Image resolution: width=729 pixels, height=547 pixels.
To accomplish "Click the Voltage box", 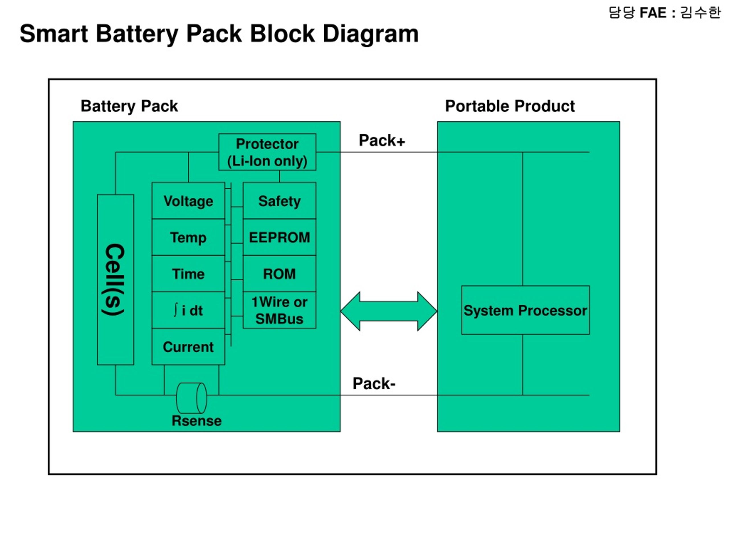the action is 188,201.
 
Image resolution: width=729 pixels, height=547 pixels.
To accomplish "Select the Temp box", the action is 188,237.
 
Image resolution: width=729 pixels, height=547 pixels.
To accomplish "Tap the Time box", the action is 188,274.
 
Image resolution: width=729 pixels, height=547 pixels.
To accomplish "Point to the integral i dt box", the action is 188,310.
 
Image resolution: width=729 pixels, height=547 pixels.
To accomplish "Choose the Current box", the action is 188,346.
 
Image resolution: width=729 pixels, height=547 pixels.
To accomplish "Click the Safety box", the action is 279,201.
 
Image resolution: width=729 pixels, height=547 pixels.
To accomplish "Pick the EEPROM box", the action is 279,237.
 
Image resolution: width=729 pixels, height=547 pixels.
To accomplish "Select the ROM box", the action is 279,274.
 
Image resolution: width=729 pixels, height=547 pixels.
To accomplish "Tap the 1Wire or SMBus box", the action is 279,310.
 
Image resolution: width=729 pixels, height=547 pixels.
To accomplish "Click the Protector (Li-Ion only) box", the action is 267,152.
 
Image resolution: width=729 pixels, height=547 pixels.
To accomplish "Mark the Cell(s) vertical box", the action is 115,279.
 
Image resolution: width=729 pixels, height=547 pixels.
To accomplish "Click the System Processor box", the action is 525,310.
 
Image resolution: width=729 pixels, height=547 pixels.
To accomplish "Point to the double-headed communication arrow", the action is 389,311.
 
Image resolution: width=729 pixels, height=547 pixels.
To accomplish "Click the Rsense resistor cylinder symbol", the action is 191,398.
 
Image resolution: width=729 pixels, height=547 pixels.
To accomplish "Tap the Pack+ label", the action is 382,140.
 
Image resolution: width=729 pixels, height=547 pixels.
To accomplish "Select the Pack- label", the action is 374,383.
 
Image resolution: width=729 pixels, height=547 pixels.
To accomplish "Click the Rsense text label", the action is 197,421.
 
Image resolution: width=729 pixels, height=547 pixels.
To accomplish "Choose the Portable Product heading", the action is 510,106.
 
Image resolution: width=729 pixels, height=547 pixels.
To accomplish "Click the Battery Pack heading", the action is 129,107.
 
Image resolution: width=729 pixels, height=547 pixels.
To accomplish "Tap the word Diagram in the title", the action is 371,34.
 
